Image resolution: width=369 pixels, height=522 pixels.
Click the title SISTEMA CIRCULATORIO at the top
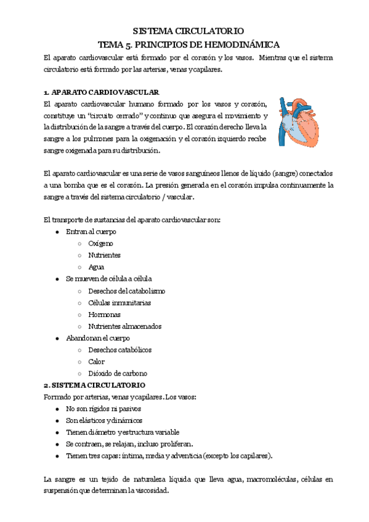tap(189, 30)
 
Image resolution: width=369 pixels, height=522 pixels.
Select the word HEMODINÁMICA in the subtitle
tap(244, 44)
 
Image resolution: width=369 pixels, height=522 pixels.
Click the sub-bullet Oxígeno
tap(100, 244)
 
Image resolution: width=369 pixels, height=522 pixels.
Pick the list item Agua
tap(96, 267)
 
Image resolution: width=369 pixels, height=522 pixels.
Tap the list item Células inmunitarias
tap(120, 303)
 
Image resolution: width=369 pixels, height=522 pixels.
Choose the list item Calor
tap(96, 361)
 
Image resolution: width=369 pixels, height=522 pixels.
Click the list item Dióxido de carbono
tap(118, 373)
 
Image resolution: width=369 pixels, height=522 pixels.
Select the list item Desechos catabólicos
tap(120, 350)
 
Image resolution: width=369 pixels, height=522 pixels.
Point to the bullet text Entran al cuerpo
tap(91, 232)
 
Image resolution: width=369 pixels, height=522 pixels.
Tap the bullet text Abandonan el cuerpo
tap(97, 338)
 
